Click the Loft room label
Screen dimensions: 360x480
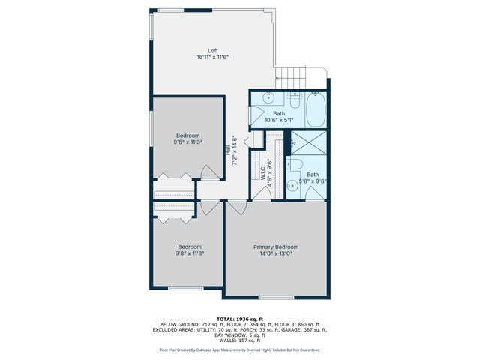click(x=212, y=51)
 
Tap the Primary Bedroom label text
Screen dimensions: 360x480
click(x=275, y=247)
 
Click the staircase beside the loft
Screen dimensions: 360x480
click(x=292, y=75)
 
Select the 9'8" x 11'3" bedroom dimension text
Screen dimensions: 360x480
click(x=188, y=142)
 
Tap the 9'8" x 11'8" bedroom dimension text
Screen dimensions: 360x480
click(x=189, y=253)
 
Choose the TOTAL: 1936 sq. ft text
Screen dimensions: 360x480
click(x=239, y=319)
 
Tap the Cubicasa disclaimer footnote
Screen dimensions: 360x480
click(x=239, y=349)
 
